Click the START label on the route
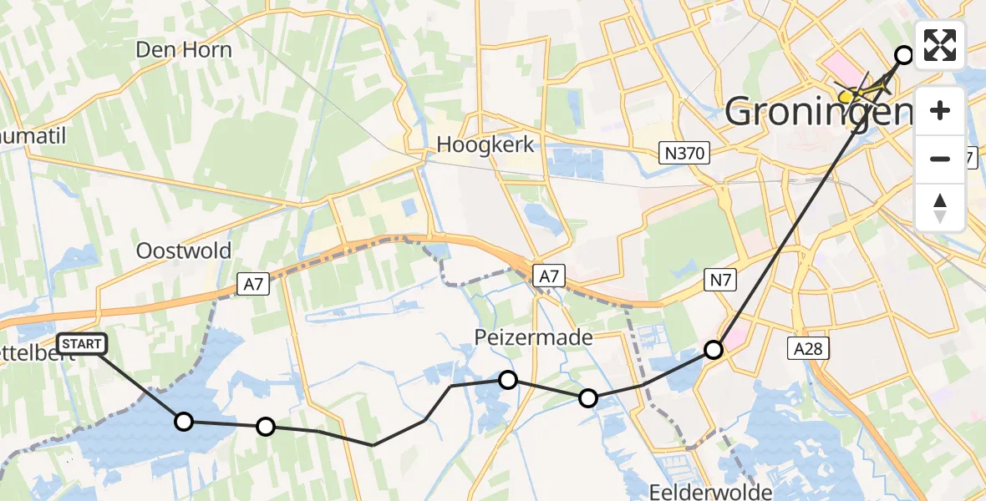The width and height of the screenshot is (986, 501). (x=82, y=344)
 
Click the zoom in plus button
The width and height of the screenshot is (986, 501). (x=940, y=110)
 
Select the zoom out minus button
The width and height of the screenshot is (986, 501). (x=940, y=159)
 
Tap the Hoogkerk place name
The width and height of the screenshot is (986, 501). (x=485, y=144)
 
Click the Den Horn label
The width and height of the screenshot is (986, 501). (x=184, y=50)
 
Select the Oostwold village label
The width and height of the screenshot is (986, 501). (x=184, y=251)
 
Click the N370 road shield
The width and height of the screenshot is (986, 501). (x=683, y=153)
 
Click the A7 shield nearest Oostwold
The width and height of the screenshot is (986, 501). (x=257, y=286)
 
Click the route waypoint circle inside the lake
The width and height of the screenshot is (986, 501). (x=184, y=422)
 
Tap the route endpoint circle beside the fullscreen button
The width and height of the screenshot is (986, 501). (x=904, y=55)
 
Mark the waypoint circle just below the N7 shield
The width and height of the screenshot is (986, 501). (x=713, y=350)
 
